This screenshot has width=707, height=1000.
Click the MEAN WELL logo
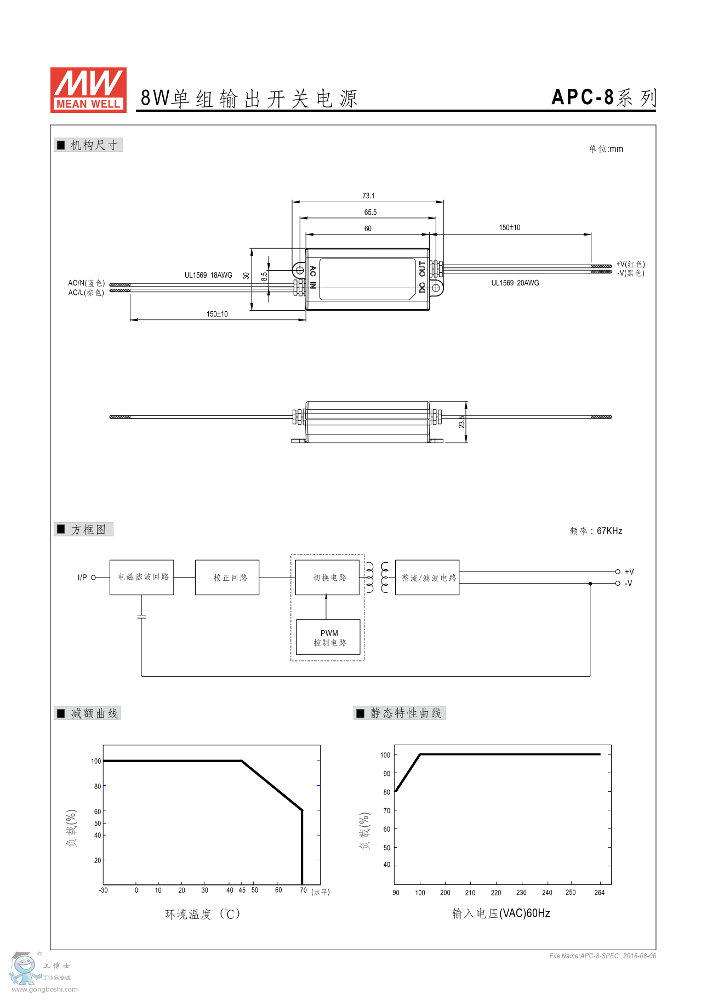coord(88,90)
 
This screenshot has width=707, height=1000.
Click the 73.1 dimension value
coord(368,196)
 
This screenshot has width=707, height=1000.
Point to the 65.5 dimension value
coord(370,212)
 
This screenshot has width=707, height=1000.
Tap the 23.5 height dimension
coord(462,421)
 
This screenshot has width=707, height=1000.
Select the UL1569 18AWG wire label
coord(208,275)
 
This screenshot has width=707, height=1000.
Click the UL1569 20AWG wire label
coord(515,283)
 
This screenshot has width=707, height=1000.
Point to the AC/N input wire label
coord(86,283)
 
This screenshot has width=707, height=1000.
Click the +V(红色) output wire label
coord(630,264)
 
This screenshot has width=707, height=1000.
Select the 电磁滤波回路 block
coord(142,577)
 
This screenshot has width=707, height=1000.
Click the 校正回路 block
coord(227,578)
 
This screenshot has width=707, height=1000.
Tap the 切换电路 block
coord(327,578)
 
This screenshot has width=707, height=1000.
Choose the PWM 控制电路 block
coord(328,637)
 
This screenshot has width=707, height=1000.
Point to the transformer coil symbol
coord(377,577)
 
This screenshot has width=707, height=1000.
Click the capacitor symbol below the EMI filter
coord(142,616)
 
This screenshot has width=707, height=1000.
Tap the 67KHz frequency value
coord(609,530)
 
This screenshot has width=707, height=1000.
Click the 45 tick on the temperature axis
coord(242,890)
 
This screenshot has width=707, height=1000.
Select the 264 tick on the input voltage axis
coord(600,893)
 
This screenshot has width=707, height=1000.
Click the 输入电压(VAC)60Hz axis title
coord(501,913)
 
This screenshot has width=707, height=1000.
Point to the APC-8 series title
coord(603,98)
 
